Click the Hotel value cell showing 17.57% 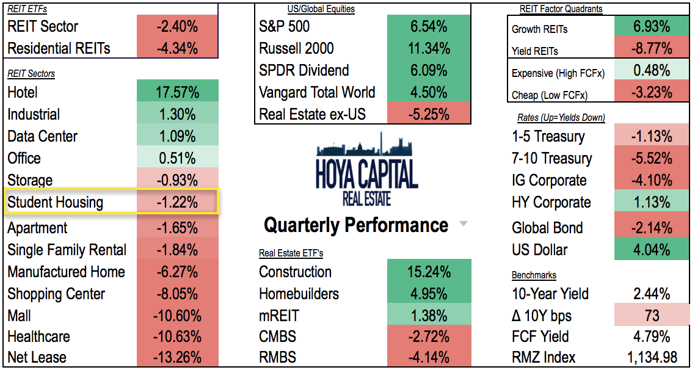[x=178, y=92]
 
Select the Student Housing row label [x=56, y=202]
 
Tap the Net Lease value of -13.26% [x=178, y=357]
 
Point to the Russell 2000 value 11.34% [x=429, y=48]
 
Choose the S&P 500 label [x=285, y=26]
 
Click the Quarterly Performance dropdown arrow [x=464, y=225]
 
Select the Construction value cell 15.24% [x=429, y=272]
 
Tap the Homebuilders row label [x=299, y=294]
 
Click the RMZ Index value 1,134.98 [x=652, y=357]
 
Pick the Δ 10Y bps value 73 [x=652, y=316]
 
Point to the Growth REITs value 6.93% [x=652, y=27]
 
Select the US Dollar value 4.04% [x=652, y=250]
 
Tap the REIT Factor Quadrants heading [x=561, y=9]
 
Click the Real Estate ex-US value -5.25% [x=429, y=114]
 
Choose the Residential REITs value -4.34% [x=178, y=48]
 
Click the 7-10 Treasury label [x=552, y=158]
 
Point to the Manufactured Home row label [x=66, y=272]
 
